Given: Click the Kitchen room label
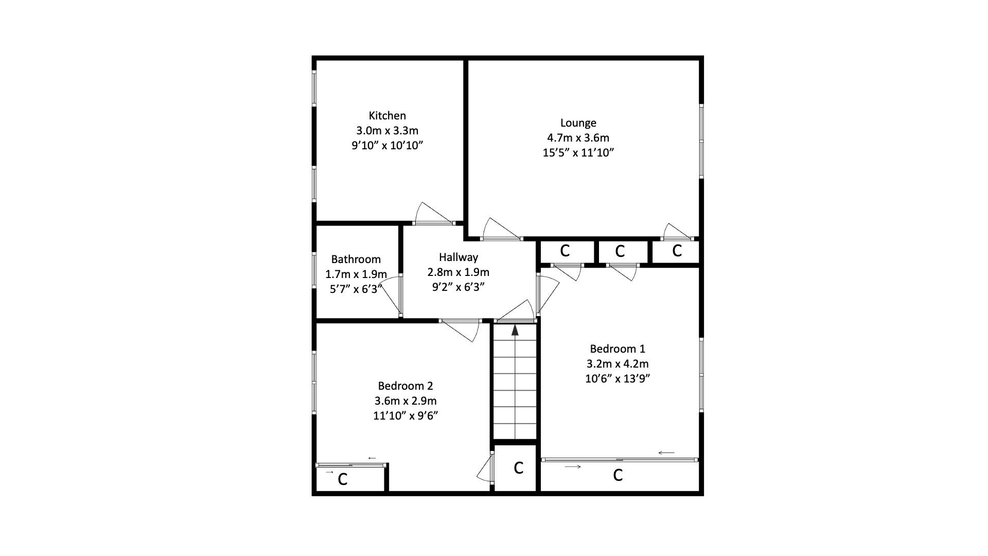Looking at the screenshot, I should [387, 116].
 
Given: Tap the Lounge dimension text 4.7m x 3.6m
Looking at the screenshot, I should [578, 138].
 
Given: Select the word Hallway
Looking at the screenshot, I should [458, 257].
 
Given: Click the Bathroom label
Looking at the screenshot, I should [356, 259].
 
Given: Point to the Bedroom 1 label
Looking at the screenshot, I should [617, 349].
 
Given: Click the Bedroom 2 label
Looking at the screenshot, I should [405, 386].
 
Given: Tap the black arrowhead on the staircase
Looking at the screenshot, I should [515, 330].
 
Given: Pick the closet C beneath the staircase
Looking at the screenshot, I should [518, 468].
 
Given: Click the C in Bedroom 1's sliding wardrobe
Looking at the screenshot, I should [617, 475].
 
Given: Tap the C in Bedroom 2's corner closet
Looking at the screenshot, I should [342, 480].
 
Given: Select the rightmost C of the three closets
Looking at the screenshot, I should [677, 251].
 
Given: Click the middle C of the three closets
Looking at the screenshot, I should [620, 251].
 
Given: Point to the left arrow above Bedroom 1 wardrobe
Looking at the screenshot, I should [666, 453].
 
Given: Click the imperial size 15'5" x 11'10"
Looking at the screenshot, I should [578, 153].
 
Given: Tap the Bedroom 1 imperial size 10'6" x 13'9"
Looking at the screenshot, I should [617, 379].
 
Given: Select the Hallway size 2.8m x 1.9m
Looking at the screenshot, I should [458, 272].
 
